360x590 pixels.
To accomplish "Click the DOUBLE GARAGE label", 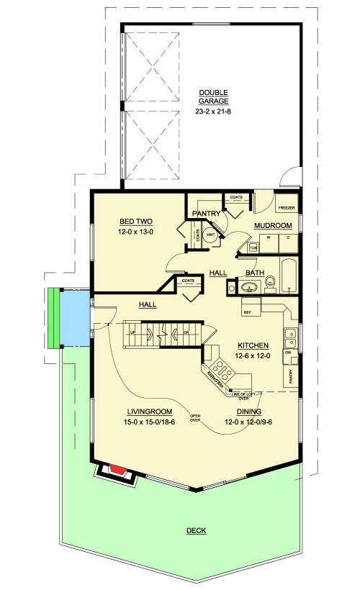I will coord(213,96).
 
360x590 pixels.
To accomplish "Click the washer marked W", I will coord(269,237).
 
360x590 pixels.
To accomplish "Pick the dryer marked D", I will coord(287,237).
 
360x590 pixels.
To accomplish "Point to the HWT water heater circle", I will coord(211,235).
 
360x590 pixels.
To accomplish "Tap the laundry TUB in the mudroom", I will coord(253,247).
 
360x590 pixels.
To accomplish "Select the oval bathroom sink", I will coord(249,288).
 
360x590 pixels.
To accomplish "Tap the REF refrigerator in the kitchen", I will coord(248,312).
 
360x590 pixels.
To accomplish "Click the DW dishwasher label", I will coord(287,353).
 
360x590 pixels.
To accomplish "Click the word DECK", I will coord(196,531).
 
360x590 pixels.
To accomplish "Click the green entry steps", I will coord(52,318).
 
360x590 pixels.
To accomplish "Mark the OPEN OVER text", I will coord(195,419).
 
